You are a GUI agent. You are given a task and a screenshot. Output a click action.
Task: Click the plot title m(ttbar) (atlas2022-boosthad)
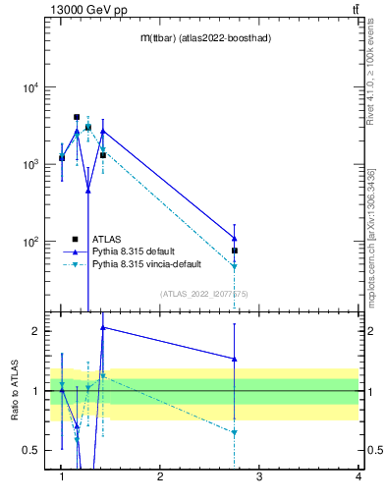point(205,37)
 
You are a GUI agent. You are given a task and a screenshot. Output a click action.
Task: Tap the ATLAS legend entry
point(107,239)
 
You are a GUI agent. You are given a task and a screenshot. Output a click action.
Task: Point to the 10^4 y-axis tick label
point(29,87)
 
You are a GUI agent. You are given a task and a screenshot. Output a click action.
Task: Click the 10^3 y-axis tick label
point(29,164)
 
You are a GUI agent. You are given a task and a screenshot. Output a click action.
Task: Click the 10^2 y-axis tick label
point(29,242)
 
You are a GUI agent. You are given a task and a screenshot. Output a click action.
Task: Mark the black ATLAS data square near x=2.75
point(235,251)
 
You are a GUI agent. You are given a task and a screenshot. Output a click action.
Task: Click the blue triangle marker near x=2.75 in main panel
point(235,238)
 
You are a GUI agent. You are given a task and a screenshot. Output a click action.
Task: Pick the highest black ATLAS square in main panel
point(77,117)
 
